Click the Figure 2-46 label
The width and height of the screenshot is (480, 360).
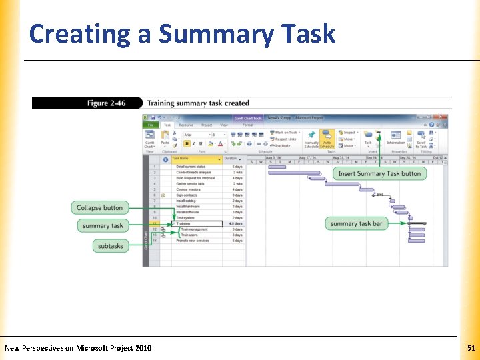107,103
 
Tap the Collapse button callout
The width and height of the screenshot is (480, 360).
99,208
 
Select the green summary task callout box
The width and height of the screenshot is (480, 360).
103,225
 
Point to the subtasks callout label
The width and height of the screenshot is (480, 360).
111,246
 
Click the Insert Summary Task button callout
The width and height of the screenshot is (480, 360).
379,174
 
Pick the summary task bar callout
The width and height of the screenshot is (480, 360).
356,224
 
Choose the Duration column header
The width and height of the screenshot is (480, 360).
231,159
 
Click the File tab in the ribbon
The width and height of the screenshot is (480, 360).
151,125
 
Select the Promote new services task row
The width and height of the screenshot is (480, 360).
193,241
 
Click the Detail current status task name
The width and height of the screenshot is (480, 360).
191,167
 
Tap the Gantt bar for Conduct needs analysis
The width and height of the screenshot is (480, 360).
287,173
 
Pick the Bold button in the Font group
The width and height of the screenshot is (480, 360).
187,143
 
